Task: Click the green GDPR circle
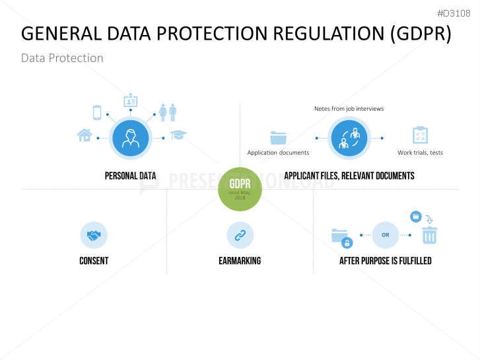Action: [x=240, y=188]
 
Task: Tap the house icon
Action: [x=85, y=135]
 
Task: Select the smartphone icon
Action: [x=97, y=113]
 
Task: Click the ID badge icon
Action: [x=130, y=101]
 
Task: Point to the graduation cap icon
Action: [x=178, y=135]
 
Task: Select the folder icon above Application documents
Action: [x=278, y=137]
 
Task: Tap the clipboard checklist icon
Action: [x=420, y=135]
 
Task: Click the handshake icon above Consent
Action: [x=94, y=235]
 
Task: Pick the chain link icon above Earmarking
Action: [x=240, y=235]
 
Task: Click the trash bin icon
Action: [x=429, y=234]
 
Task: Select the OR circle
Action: [x=386, y=235]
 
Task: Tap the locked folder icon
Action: [x=341, y=238]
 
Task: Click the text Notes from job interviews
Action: [x=349, y=108]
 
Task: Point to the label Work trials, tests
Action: [x=420, y=153]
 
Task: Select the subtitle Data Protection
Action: [x=62, y=58]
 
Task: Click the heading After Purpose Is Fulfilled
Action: [x=385, y=261]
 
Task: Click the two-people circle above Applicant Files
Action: [x=349, y=138]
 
